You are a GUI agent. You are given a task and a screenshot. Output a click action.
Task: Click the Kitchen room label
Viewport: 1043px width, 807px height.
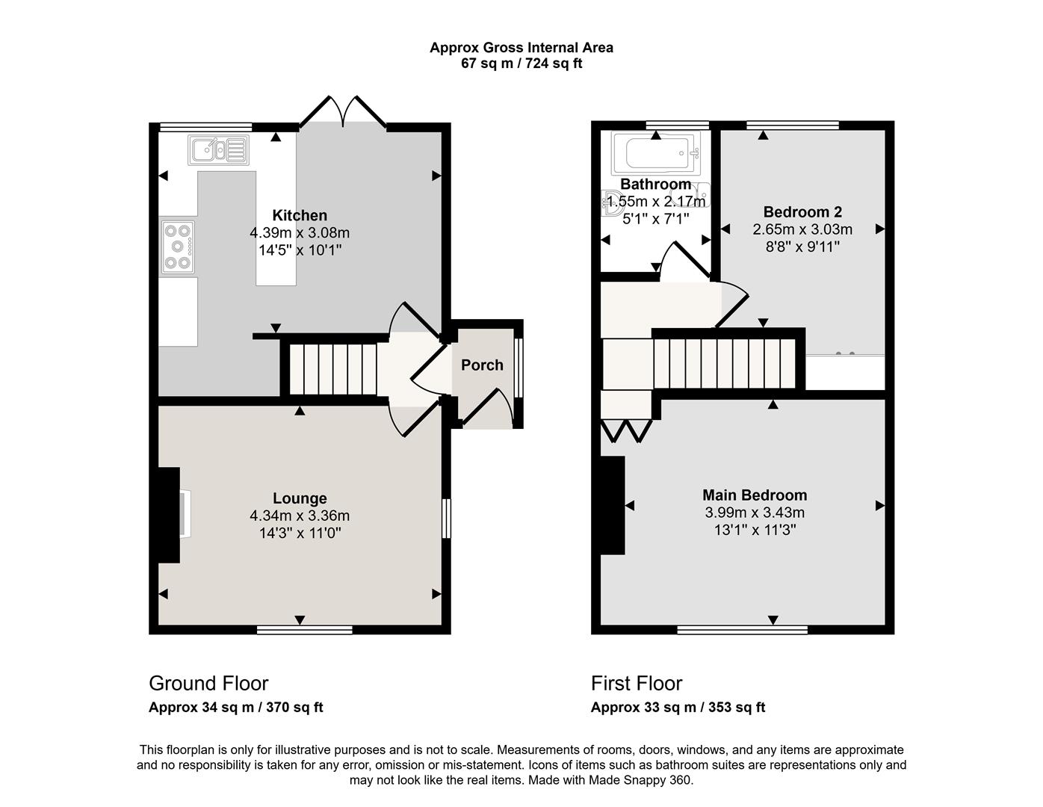point(300,215)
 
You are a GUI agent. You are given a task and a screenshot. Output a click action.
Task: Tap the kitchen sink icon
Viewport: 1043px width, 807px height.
point(219,149)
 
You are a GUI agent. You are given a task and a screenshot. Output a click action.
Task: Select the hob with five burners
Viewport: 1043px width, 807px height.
point(178,247)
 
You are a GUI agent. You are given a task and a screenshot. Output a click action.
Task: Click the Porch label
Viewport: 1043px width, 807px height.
point(482,365)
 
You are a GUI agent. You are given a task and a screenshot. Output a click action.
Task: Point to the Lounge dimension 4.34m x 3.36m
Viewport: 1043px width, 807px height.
point(300,516)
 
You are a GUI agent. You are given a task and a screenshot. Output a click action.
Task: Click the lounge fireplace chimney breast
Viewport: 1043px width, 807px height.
point(169,515)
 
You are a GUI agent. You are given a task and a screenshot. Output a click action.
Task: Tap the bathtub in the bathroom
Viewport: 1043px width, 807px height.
point(656,154)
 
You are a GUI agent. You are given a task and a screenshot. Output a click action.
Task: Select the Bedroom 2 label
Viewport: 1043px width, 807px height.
point(802,211)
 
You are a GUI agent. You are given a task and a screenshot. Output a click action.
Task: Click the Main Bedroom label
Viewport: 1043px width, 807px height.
point(755,495)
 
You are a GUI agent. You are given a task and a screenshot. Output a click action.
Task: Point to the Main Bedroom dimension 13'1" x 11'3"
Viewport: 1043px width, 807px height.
point(755,530)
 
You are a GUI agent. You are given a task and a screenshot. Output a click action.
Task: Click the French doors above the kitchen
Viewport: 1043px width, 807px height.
point(343,112)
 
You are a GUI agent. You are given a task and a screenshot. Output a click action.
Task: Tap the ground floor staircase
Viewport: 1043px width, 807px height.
point(333,368)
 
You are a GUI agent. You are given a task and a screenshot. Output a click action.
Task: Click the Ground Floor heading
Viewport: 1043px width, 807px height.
point(208,683)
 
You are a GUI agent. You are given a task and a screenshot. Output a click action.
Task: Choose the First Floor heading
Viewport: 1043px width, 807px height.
point(637,683)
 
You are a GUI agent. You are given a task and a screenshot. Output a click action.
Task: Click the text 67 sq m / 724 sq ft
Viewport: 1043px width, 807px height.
point(521,64)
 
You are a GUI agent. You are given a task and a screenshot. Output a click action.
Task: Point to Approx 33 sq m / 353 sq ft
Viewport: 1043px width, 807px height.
point(678,707)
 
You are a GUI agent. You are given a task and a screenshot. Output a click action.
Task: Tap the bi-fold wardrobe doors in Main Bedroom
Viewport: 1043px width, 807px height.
point(626,430)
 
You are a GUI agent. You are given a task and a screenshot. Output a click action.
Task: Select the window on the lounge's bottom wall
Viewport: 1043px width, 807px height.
point(304,629)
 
